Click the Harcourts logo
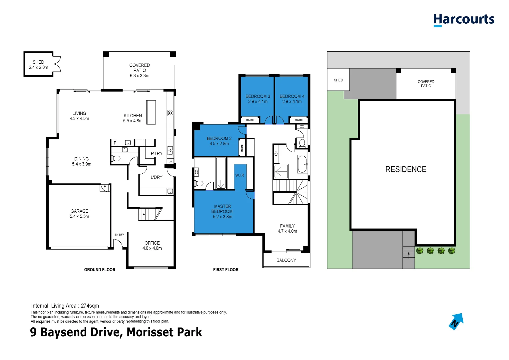point(464,20)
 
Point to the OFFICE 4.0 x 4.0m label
point(152,246)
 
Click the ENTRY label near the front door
point(119,235)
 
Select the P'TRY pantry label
point(157,154)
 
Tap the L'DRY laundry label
point(156,177)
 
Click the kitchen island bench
point(151,112)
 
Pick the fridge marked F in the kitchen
point(115,143)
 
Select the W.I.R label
point(240,175)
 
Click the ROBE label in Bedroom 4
point(299,120)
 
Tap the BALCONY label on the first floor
point(286,260)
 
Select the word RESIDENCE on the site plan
point(406,169)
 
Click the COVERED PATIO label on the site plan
point(426,84)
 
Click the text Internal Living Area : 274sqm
point(65,306)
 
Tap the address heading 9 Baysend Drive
point(116,332)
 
